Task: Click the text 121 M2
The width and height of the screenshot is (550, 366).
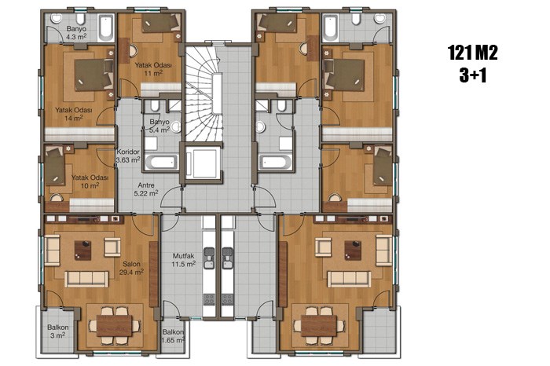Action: click(x=473, y=53)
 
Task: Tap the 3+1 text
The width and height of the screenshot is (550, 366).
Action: click(x=473, y=75)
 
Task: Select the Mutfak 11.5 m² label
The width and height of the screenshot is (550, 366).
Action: click(x=183, y=260)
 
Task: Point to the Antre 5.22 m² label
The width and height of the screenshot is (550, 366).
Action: click(x=146, y=189)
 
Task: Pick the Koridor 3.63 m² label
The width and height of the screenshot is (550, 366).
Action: click(x=128, y=156)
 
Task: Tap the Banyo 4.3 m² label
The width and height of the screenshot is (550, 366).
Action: click(x=76, y=32)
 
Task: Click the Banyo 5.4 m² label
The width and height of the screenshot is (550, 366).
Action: click(x=159, y=126)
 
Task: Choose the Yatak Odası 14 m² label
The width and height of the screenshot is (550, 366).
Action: click(x=74, y=114)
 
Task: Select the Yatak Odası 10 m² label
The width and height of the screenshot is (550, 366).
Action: click(x=90, y=181)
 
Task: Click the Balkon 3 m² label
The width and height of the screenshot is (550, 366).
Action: click(x=58, y=331)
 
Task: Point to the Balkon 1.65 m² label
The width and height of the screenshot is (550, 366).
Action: click(x=174, y=336)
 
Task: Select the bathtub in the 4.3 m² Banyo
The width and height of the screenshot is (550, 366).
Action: click(x=105, y=27)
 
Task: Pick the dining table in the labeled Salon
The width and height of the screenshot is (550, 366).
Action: click(x=115, y=326)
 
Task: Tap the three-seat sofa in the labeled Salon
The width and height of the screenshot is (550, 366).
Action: click(x=86, y=279)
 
